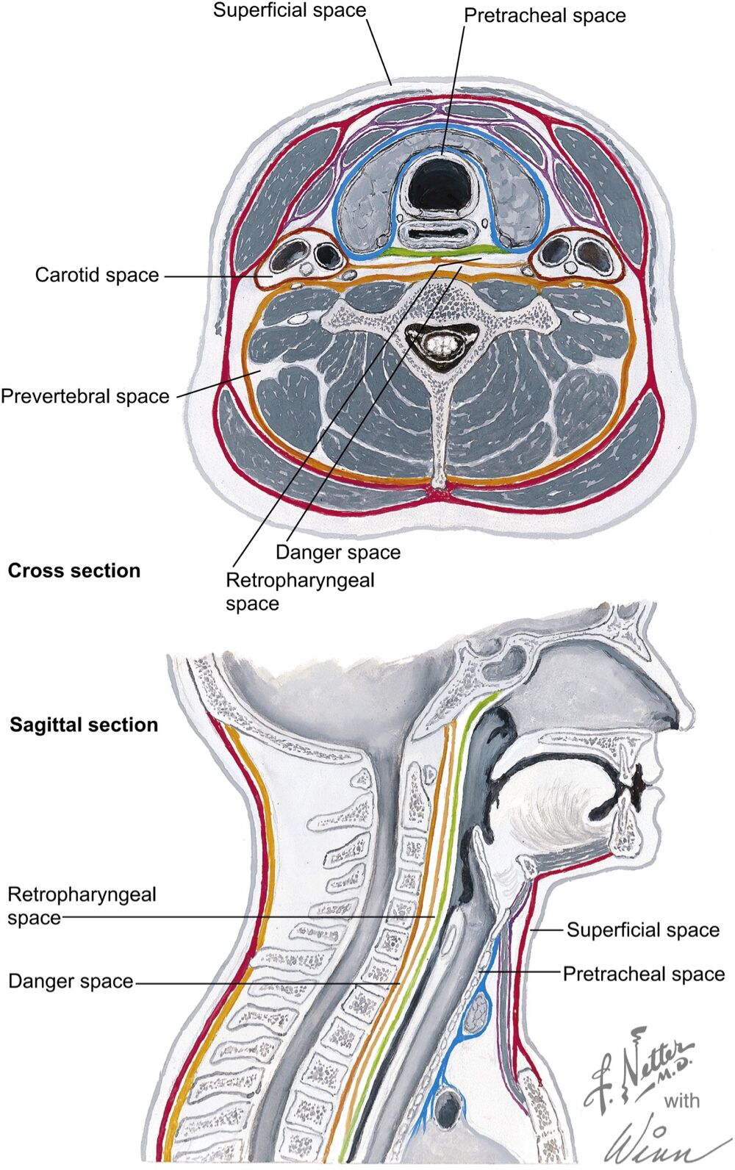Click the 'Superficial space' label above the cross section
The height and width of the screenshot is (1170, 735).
[x=290, y=10]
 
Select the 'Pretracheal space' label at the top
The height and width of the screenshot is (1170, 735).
[x=545, y=15]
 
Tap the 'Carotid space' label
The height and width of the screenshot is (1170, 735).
[x=96, y=275]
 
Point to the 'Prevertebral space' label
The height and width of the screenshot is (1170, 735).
[x=85, y=396]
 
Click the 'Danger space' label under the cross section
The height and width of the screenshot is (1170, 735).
[x=338, y=552]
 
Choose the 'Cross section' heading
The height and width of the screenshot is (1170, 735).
[x=74, y=570]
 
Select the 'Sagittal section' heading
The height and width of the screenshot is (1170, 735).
[x=84, y=725]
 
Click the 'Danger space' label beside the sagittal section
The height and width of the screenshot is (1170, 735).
[x=71, y=981]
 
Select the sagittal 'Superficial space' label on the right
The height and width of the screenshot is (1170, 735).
[x=643, y=930]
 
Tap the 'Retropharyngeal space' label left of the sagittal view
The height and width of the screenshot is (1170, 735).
[x=82, y=905]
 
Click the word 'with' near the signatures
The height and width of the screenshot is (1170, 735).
[x=682, y=1100]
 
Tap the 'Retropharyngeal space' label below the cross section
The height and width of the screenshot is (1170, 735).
[x=300, y=592]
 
